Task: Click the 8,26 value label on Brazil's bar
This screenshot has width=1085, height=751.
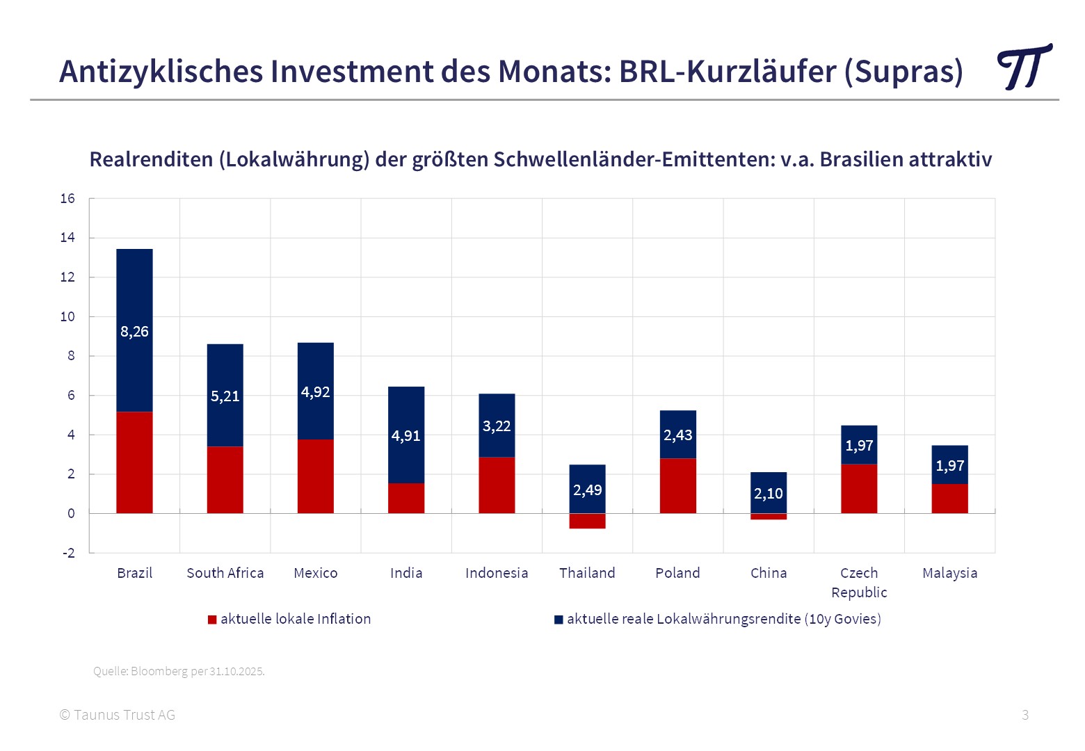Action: coord(134,332)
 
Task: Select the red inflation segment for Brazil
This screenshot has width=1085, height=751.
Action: coord(134,462)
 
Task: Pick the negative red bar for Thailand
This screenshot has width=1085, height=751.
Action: coord(587,521)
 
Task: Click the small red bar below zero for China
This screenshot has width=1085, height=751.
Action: coord(769,517)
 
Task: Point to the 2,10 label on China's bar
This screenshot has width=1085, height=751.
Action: coord(769,494)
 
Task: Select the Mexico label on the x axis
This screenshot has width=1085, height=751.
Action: coord(316,573)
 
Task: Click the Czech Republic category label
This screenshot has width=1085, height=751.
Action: coord(859,583)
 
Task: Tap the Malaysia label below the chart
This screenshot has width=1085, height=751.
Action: coord(949,573)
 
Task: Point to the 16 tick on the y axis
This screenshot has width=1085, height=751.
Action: coord(67,199)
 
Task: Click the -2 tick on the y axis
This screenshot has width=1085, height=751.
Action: coord(68,554)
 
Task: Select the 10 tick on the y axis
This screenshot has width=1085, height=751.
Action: coord(67,317)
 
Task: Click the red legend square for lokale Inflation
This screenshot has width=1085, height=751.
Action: coord(212,620)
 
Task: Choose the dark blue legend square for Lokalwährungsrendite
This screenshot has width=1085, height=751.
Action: coord(558,620)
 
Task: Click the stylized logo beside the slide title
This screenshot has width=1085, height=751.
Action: coord(1024,67)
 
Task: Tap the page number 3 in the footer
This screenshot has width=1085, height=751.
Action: coord(1025,715)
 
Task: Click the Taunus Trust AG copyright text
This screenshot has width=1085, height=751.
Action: coord(118,715)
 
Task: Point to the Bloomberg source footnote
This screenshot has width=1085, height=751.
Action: coord(179,671)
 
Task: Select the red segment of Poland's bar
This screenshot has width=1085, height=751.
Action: coord(677,485)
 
